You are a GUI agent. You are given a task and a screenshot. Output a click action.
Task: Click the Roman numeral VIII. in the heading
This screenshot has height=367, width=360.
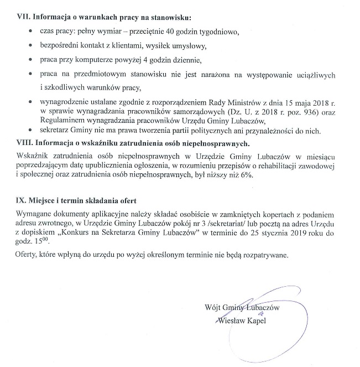click(x=26, y=143)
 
